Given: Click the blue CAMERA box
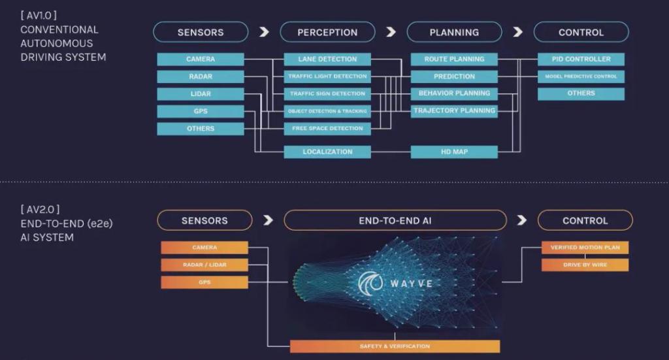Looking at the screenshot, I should (x=200, y=59).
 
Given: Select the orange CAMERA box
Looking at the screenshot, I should (x=204, y=248).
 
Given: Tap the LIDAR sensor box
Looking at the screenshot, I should (x=200, y=94).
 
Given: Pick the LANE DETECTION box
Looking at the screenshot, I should (x=327, y=59).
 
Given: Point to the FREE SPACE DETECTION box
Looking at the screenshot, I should (x=327, y=129).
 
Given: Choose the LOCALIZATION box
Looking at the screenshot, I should (x=327, y=152).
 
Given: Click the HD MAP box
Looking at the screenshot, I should (x=454, y=152).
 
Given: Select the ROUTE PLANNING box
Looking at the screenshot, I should (x=454, y=59).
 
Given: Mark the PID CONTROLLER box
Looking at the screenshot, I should (x=581, y=59).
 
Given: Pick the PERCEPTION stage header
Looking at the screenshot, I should (x=327, y=32).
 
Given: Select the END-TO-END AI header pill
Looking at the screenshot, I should (x=395, y=220).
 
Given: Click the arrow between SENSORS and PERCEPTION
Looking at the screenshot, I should (x=263, y=32).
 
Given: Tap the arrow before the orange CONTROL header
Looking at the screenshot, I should (x=521, y=220).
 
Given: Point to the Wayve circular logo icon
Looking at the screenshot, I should (x=370, y=283).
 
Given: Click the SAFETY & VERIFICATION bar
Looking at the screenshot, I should (x=395, y=346).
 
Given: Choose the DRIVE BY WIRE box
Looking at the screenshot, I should (x=585, y=265).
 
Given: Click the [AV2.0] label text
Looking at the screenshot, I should (x=39, y=209).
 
